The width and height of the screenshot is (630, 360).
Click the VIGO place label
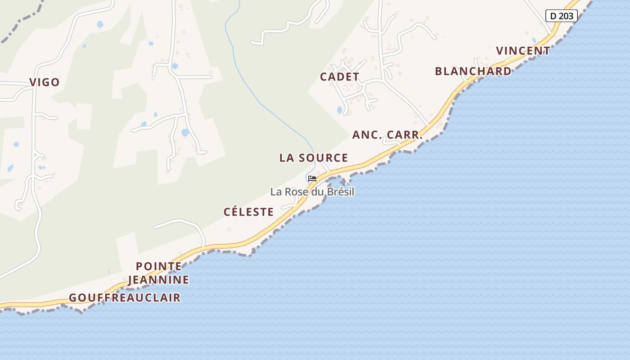(45, 82)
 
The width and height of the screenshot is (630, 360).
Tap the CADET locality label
(339, 77)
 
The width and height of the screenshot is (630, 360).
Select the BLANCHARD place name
(473, 72)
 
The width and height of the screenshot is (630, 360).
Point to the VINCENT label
(523, 51)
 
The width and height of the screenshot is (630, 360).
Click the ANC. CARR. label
(387, 135)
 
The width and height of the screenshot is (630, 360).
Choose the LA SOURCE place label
(314, 158)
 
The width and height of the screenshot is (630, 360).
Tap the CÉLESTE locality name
(248, 212)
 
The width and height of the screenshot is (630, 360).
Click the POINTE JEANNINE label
(158, 273)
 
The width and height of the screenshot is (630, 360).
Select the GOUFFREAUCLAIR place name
(125, 298)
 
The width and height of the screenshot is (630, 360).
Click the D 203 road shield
(561, 16)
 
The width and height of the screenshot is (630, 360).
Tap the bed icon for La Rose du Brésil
(312, 179)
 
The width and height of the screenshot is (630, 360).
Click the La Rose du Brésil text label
(312, 192)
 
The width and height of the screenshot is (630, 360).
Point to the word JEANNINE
(158, 280)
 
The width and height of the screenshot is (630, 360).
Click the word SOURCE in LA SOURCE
(323, 158)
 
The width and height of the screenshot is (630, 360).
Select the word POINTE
(158, 266)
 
